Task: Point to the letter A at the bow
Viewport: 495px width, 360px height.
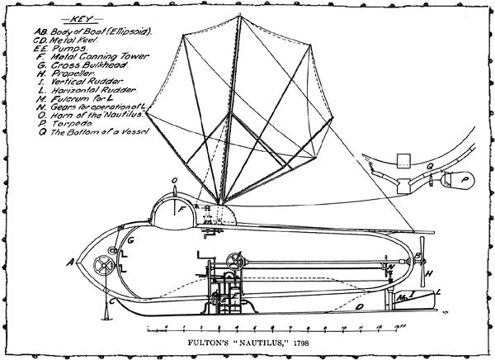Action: coord(73,263)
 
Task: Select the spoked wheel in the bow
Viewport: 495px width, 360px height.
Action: coord(105,265)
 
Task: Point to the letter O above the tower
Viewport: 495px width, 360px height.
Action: coord(174,178)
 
